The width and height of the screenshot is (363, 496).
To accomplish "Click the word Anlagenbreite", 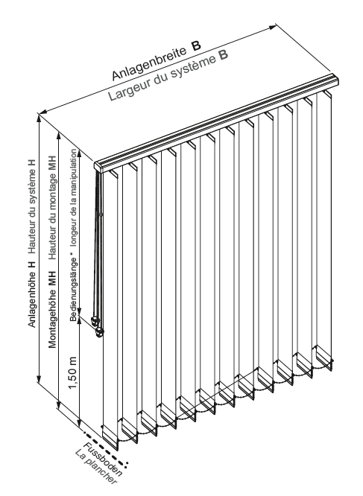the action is (149, 63).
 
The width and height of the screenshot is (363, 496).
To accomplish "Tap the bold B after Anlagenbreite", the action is (196, 45).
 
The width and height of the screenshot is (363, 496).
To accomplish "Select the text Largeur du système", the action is (161, 77).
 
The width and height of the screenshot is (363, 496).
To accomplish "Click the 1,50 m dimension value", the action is (73, 372).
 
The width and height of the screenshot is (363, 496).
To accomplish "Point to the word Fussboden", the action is (103, 460).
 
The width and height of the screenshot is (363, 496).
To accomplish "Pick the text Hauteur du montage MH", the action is (52, 207).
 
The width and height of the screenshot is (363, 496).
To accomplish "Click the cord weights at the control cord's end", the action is (97, 325).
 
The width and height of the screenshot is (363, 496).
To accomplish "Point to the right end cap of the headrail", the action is (335, 79).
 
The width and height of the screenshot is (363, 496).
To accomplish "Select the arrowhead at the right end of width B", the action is (273, 28).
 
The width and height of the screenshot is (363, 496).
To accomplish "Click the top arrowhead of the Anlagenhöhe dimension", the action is (40, 118).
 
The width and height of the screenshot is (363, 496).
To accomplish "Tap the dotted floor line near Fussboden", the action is (105, 448).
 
